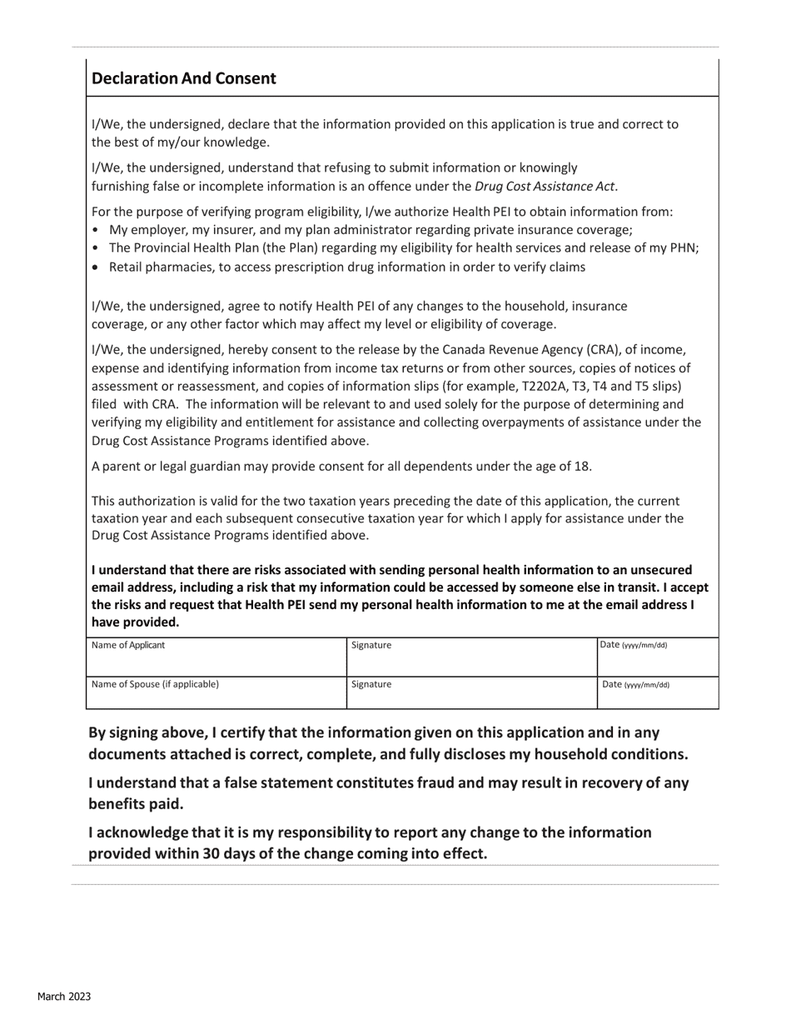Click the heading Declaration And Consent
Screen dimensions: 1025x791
click(183, 78)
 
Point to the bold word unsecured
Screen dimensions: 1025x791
click(658, 570)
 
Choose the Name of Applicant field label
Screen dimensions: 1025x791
click(128, 645)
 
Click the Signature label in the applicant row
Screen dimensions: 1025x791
click(371, 645)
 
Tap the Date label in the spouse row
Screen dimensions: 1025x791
click(634, 685)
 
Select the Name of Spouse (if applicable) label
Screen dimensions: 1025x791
click(155, 684)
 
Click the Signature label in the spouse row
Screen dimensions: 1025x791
click(371, 684)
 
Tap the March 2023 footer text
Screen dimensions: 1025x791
click(63, 997)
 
